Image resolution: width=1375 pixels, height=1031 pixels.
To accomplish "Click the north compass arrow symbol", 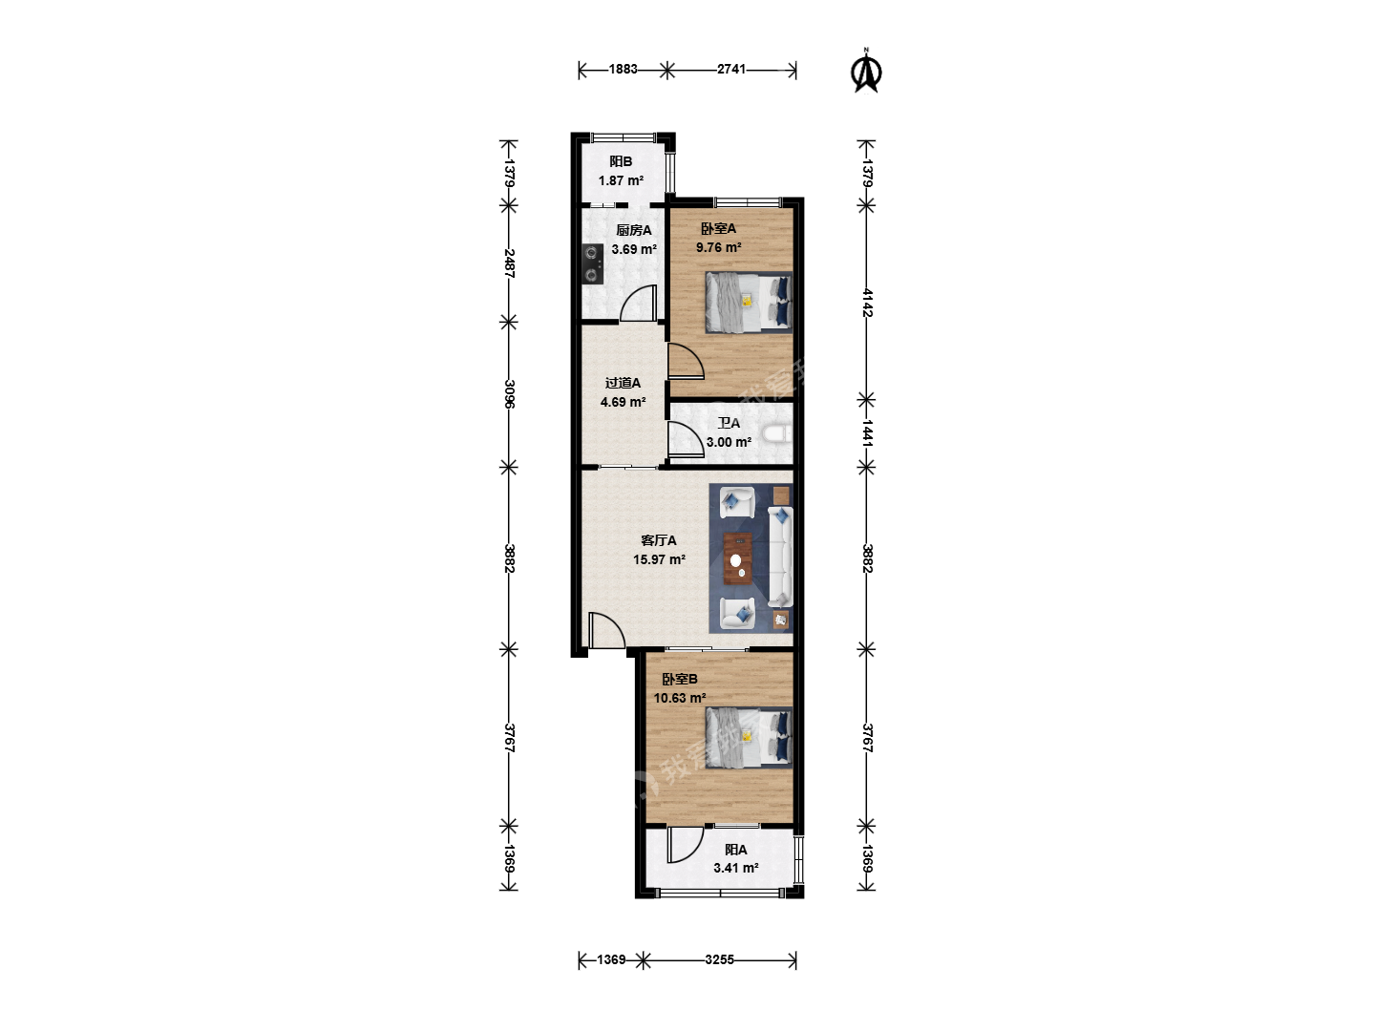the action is (866, 71).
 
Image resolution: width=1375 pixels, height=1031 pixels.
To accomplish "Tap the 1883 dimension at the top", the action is (623, 69).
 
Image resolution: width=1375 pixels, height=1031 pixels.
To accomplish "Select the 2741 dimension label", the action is (731, 69).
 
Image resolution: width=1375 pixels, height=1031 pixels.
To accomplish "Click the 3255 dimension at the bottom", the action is (719, 959).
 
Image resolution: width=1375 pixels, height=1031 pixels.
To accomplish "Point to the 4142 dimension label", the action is (867, 303).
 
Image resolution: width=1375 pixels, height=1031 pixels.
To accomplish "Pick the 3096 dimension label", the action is (509, 393).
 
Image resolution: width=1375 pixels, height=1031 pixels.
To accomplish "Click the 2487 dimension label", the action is (509, 263).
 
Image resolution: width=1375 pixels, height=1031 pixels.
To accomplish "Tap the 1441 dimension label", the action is (867, 432).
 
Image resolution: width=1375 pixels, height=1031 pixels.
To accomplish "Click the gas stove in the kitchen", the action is (153, 263).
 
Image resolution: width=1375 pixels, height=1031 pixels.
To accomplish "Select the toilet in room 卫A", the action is (778, 433).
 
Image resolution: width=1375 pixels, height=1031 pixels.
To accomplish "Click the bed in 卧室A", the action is (749, 303).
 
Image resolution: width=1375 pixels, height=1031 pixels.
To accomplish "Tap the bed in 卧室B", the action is (749, 737).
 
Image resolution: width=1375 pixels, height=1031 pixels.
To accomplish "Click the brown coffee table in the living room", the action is (738, 558).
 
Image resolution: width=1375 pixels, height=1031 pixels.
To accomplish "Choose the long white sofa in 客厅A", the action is (780, 557).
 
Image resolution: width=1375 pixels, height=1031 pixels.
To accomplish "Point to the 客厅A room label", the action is (658, 540).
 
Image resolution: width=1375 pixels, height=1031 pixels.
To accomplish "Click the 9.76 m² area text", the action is (718, 247).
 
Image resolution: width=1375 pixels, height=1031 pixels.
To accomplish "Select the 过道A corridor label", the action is (623, 383).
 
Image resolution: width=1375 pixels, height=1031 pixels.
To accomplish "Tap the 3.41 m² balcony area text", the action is (736, 868).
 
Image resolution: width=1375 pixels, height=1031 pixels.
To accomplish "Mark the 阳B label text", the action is (621, 161).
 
